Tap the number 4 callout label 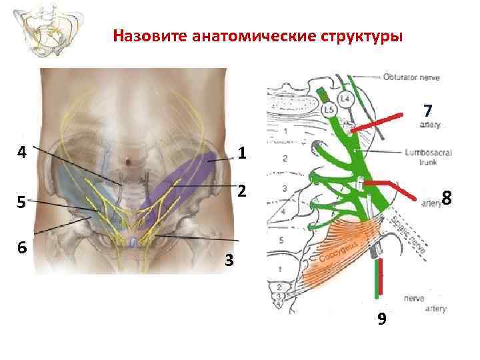tap(22, 152)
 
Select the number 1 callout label tap(242, 154)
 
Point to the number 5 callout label tap(22, 201)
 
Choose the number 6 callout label tap(22, 247)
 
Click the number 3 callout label tap(229, 261)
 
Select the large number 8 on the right tap(447, 199)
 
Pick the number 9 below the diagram tap(381, 319)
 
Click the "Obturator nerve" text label tap(411, 77)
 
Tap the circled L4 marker tap(344, 99)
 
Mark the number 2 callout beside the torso tap(242, 191)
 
